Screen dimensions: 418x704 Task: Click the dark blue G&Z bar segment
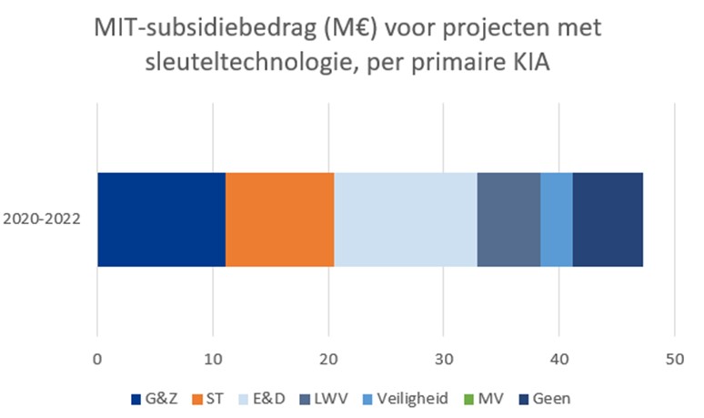coord(161,219)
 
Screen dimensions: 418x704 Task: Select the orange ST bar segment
coord(279,219)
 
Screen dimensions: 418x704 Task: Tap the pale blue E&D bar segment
coord(406,219)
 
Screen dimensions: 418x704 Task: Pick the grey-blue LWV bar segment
coord(508,219)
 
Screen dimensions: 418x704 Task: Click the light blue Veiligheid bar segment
coord(557,219)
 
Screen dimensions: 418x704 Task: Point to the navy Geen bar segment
coord(608,219)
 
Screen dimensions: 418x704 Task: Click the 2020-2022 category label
coord(42,219)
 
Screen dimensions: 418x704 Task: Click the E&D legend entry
coord(267,398)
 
